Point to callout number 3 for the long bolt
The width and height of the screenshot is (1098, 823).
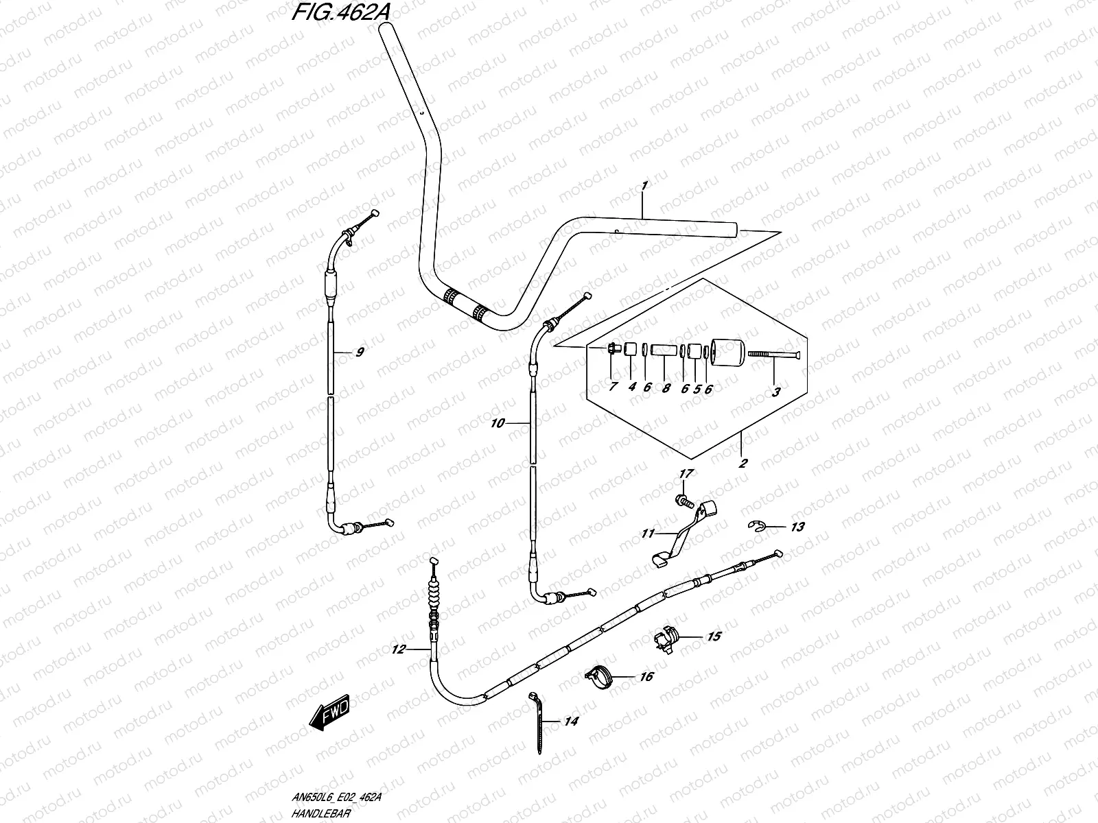point(776,392)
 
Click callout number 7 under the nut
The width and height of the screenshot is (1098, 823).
point(612,387)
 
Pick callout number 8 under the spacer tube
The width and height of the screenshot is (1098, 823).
point(665,387)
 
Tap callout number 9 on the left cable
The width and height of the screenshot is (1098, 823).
point(360,352)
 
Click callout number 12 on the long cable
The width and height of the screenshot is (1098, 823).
point(399,649)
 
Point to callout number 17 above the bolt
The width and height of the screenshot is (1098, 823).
point(686,474)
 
